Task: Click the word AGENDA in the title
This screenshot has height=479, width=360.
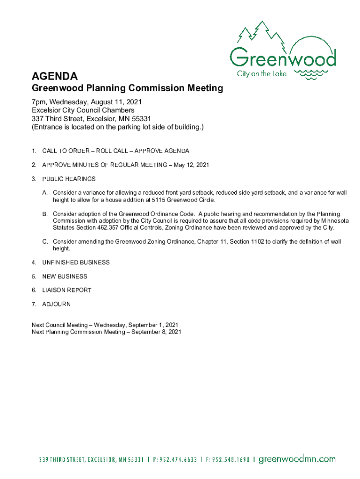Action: (x=54, y=76)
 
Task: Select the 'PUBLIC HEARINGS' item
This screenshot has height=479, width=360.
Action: (x=69, y=179)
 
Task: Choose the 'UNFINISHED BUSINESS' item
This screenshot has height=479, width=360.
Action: (x=76, y=262)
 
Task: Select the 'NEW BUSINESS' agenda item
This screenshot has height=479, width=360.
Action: (x=65, y=276)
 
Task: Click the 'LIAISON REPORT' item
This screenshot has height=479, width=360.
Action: (x=66, y=290)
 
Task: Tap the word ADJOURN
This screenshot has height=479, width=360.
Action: (x=56, y=304)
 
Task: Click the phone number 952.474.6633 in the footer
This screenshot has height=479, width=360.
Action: (x=177, y=459)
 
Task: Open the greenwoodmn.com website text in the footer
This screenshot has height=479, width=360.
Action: (x=297, y=459)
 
